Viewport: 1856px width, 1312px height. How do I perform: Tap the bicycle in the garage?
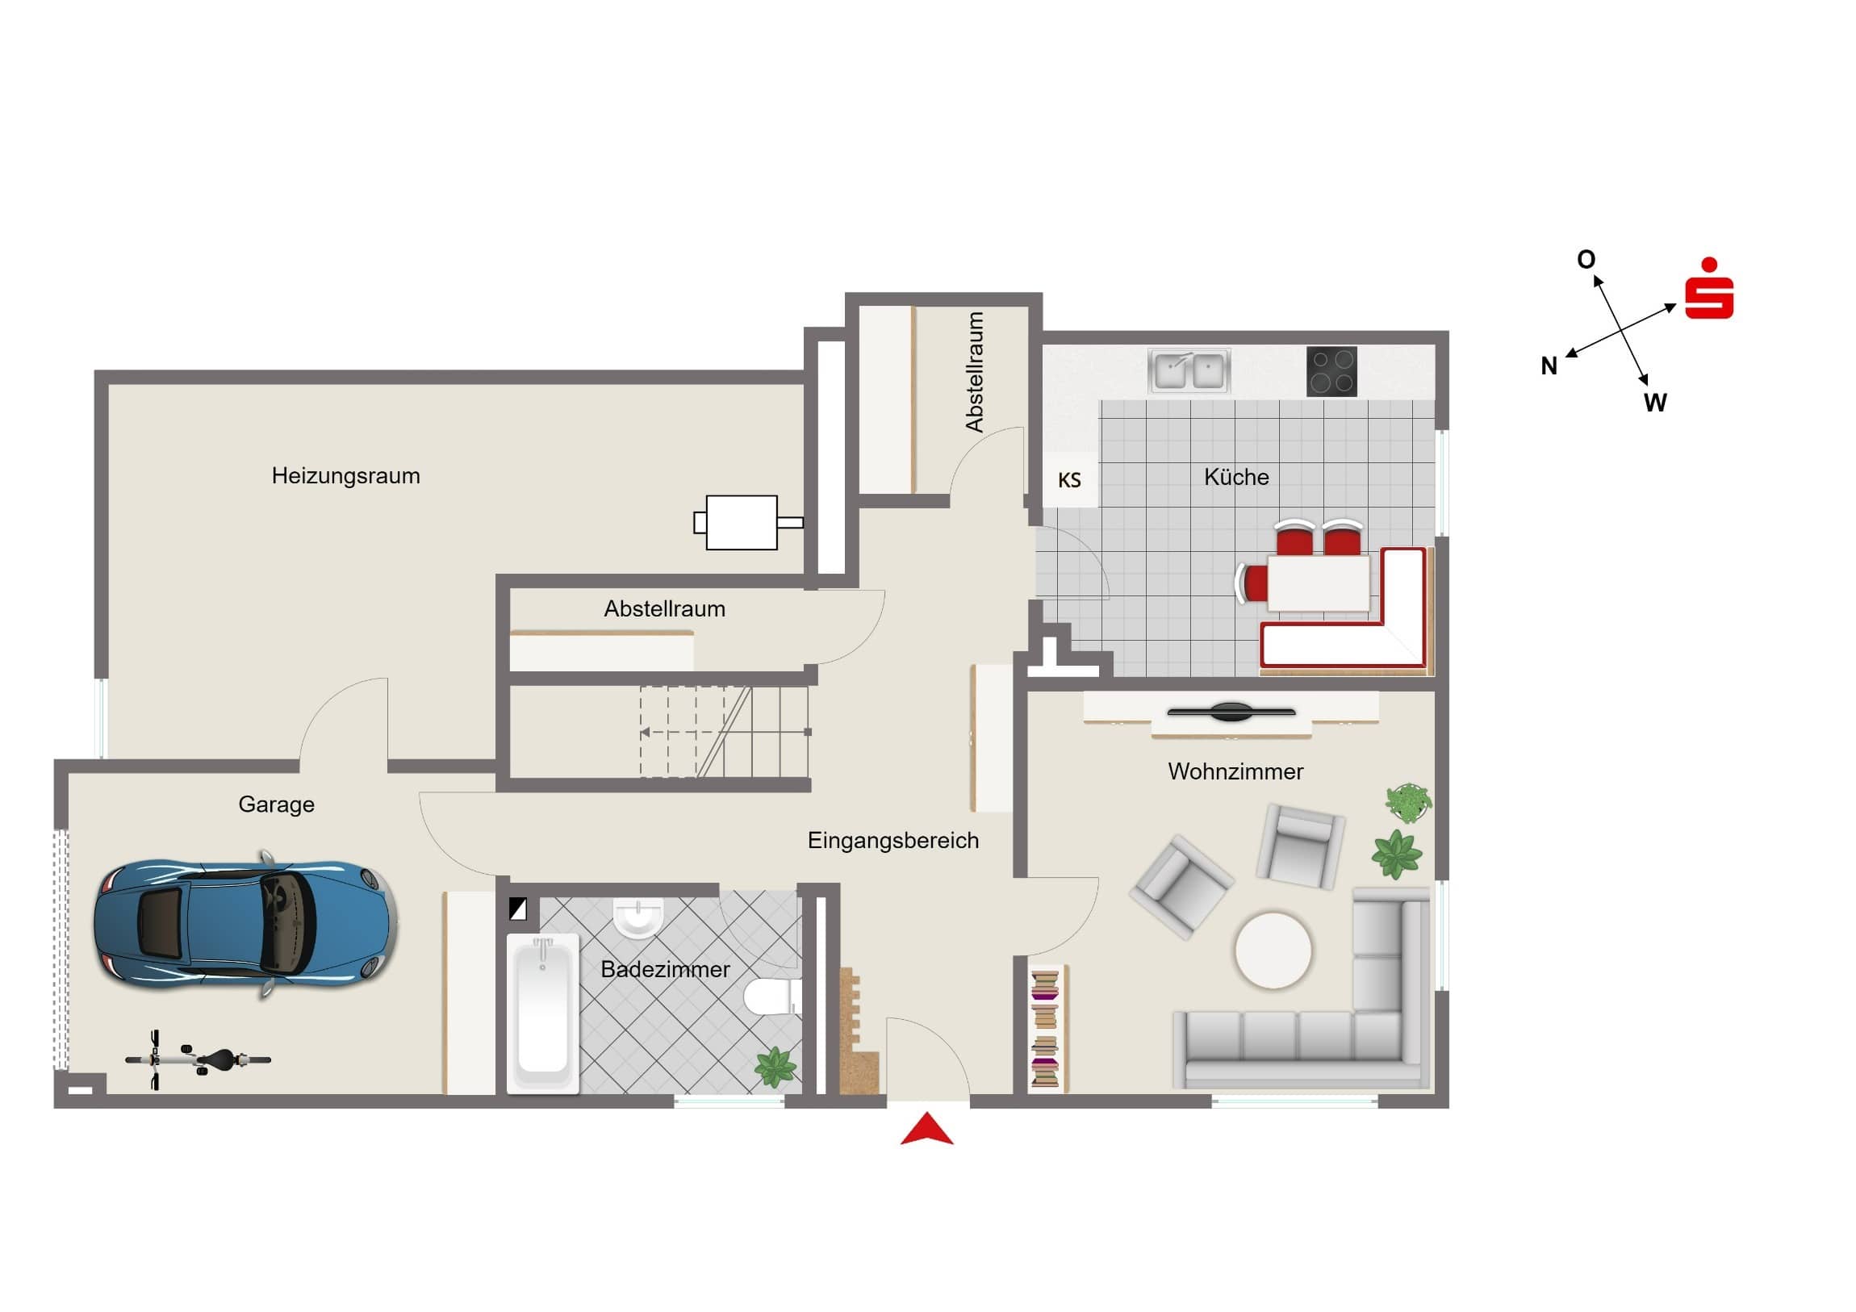[198, 1059]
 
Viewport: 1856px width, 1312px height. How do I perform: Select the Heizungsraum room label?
[345, 475]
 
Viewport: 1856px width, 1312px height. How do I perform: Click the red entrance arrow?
[926, 1130]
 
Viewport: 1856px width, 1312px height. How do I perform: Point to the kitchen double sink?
[1189, 371]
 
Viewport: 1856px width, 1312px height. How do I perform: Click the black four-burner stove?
[1331, 371]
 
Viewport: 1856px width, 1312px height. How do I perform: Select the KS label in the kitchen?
[1068, 480]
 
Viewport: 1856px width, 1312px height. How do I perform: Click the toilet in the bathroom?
[770, 997]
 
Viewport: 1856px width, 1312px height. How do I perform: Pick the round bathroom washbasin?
[637, 916]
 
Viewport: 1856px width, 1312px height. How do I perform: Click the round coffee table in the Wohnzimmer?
[1273, 951]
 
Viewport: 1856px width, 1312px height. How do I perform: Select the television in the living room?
[1231, 712]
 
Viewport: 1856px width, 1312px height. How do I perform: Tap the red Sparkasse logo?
[1709, 290]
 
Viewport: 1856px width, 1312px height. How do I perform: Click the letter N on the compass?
[1548, 366]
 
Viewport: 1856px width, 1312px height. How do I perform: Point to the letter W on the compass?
[1655, 403]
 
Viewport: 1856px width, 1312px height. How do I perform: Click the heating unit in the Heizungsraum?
[742, 522]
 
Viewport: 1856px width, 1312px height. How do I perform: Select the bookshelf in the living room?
[1045, 1027]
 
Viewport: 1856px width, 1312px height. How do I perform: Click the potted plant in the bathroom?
[775, 1066]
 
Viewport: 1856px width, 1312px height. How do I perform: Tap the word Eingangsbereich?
[892, 841]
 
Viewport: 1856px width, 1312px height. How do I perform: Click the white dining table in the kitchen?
[1318, 583]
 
